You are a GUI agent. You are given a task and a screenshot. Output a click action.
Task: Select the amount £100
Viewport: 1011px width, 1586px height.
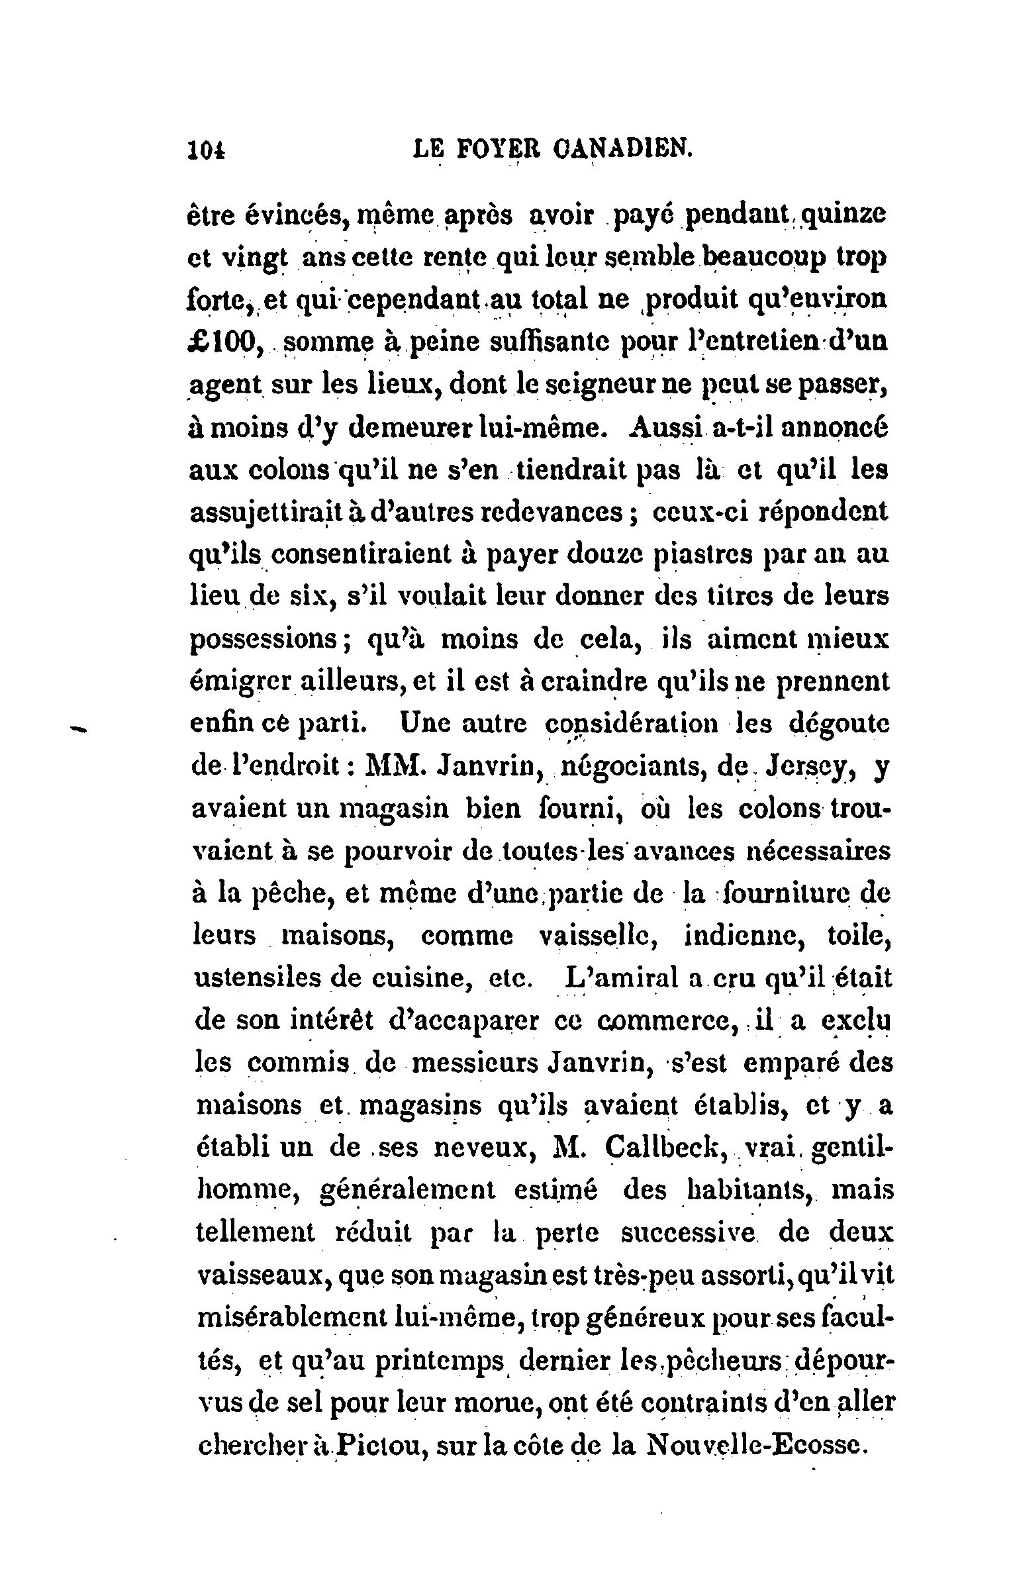(223, 342)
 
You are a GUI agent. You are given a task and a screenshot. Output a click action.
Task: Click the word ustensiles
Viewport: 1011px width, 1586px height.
(258, 979)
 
